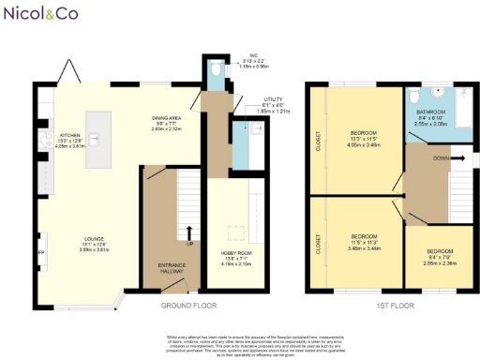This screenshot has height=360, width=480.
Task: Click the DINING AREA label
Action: pyautogui.click(x=171, y=121)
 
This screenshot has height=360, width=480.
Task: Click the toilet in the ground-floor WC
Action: pyautogui.click(x=215, y=72)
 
